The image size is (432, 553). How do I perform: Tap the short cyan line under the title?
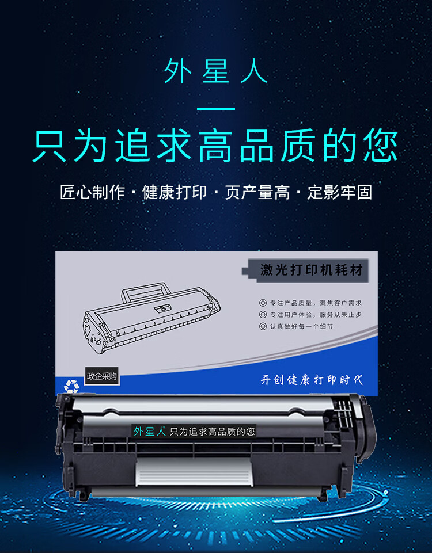(x=216, y=109)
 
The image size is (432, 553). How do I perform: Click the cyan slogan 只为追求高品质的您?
(x=216, y=146)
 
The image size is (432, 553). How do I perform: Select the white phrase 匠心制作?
(x=92, y=192)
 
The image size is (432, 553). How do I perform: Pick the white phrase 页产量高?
(x=257, y=192)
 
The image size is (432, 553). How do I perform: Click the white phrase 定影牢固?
(x=340, y=192)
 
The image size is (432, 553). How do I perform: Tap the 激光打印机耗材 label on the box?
(x=312, y=270)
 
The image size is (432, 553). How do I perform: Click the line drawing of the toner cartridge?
(x=153, y=316)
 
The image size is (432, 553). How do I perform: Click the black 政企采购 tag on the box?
(x=101, y=376)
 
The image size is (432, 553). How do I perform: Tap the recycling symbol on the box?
(x=71, y=387)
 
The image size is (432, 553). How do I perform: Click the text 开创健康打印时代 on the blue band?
(x=312, y=379)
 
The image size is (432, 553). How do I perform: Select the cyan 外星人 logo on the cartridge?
(x=149, y=431)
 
